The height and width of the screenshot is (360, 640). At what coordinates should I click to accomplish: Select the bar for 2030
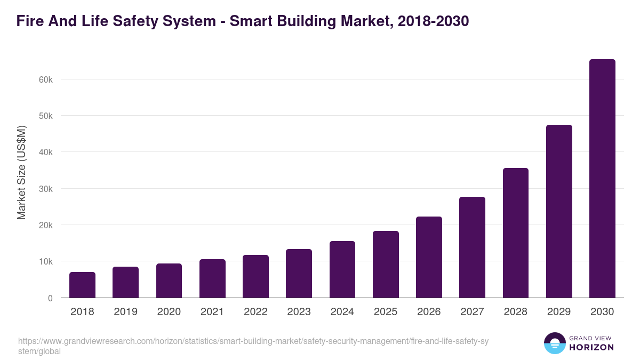pyautogui.click(x=602, y=179)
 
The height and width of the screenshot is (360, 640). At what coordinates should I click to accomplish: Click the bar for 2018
pyautogui.click(x=82, y=285)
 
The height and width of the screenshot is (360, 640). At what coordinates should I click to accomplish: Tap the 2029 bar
pyautogui.click(x=559, y=211)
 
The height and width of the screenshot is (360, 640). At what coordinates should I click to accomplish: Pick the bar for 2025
pyautogui.click(x=386, y=265)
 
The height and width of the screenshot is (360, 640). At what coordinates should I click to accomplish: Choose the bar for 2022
pyautogui.click(x=255, y=276)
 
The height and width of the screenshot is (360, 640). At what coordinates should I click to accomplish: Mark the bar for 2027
pyautogui.click(x=472, y=247)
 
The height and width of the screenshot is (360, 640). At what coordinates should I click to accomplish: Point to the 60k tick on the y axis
pyautogui.click(x=46, y=79)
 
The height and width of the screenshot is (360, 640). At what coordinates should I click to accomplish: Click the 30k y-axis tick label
pyautogui.click(x=46, y=189)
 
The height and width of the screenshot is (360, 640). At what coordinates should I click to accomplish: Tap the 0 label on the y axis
pyautogui.click(x=50, y=298)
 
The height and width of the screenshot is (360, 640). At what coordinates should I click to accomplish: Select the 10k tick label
pyautogui.click(x=46, y=262)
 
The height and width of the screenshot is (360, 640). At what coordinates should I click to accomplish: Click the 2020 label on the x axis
pyautogui.click(x=169, y=312)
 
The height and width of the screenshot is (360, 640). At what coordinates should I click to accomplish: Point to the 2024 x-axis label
pyautogui.click(x=342, y=312)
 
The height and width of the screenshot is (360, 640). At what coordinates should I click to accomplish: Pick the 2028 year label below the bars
pyautogui.click(x=515, y=312)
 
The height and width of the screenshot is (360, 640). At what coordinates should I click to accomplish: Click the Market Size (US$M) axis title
pyautogui.click(x=21, y=172)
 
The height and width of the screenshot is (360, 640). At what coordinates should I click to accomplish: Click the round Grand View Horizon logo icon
pyautogui.click(x=554, y=343)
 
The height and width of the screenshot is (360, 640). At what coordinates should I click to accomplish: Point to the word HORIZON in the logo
pyautogui.click(x=591, y=347)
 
